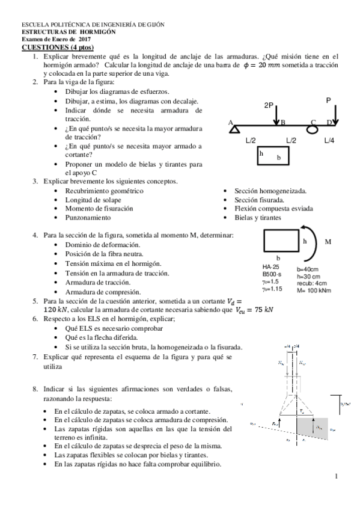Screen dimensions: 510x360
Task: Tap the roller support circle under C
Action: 313,128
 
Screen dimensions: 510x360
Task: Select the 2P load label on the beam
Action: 269,105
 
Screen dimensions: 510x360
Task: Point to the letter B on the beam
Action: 282,122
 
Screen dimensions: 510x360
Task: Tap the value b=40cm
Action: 308,269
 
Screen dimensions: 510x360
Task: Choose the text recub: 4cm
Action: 312,283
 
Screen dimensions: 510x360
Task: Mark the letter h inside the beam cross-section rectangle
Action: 261,153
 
